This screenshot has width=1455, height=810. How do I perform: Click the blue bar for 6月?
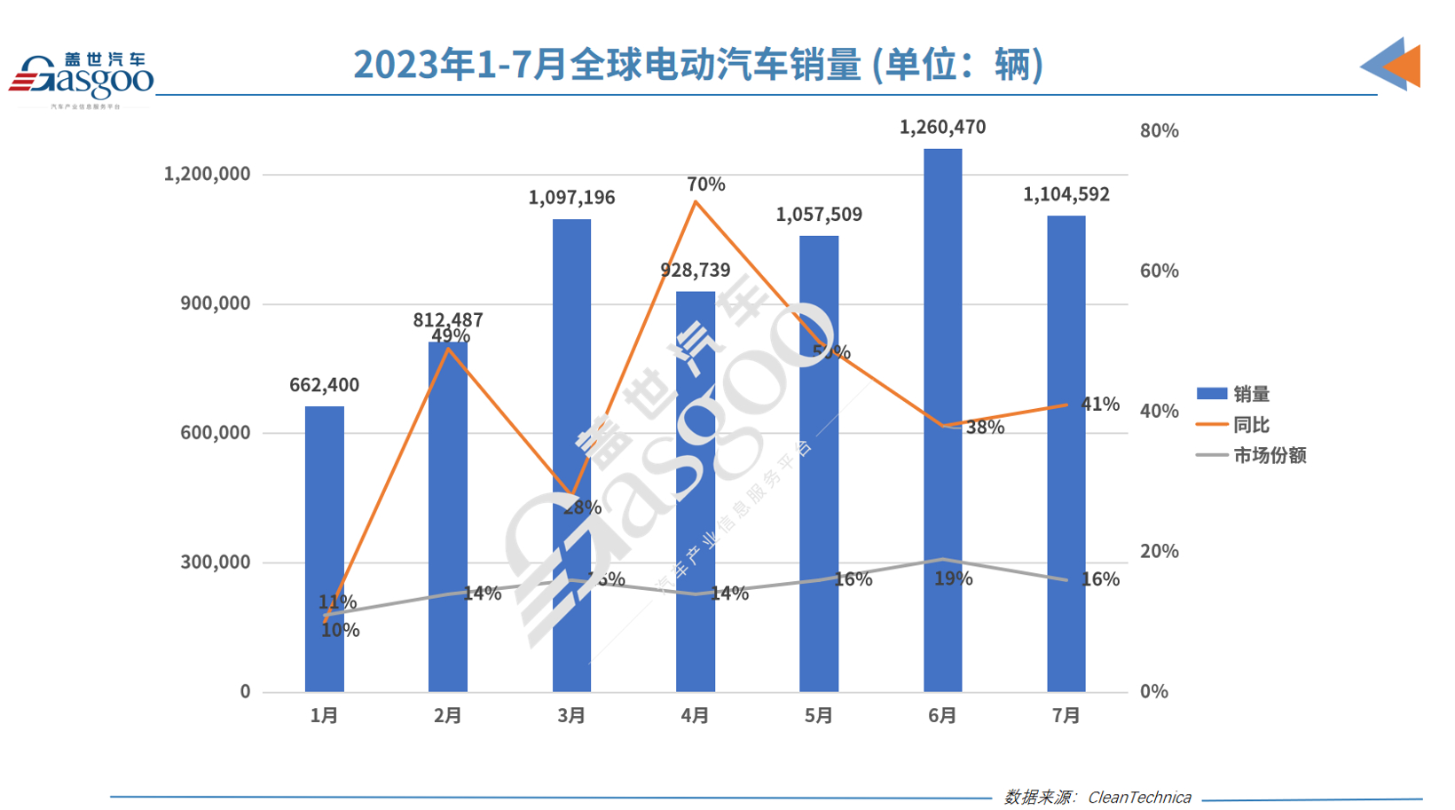[x=942, y=426]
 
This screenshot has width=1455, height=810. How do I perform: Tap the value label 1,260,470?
[x=942, y=128]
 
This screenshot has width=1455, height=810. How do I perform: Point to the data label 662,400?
[x=324, y=385]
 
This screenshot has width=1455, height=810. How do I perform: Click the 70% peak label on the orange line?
[x=705, y=185]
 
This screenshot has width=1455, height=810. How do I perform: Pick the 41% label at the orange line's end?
[x=1099, y=405]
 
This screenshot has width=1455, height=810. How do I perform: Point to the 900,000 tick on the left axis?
[x=215, y=303]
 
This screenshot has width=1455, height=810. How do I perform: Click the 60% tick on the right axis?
[x=1159, y=271]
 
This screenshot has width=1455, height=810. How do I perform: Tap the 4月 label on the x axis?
[x=695, y=715]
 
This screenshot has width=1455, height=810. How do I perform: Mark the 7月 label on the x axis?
[x=1066, y=715]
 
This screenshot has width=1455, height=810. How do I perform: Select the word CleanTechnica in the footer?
[x=1139, y=798]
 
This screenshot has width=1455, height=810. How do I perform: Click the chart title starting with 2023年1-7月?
[x=697, y=65]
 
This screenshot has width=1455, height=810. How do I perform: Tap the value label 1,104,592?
[x=1066, y=195]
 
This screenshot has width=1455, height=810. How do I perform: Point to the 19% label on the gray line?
[x=953, y=579]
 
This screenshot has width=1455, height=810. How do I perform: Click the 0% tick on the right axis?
[x=1153, y=692]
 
